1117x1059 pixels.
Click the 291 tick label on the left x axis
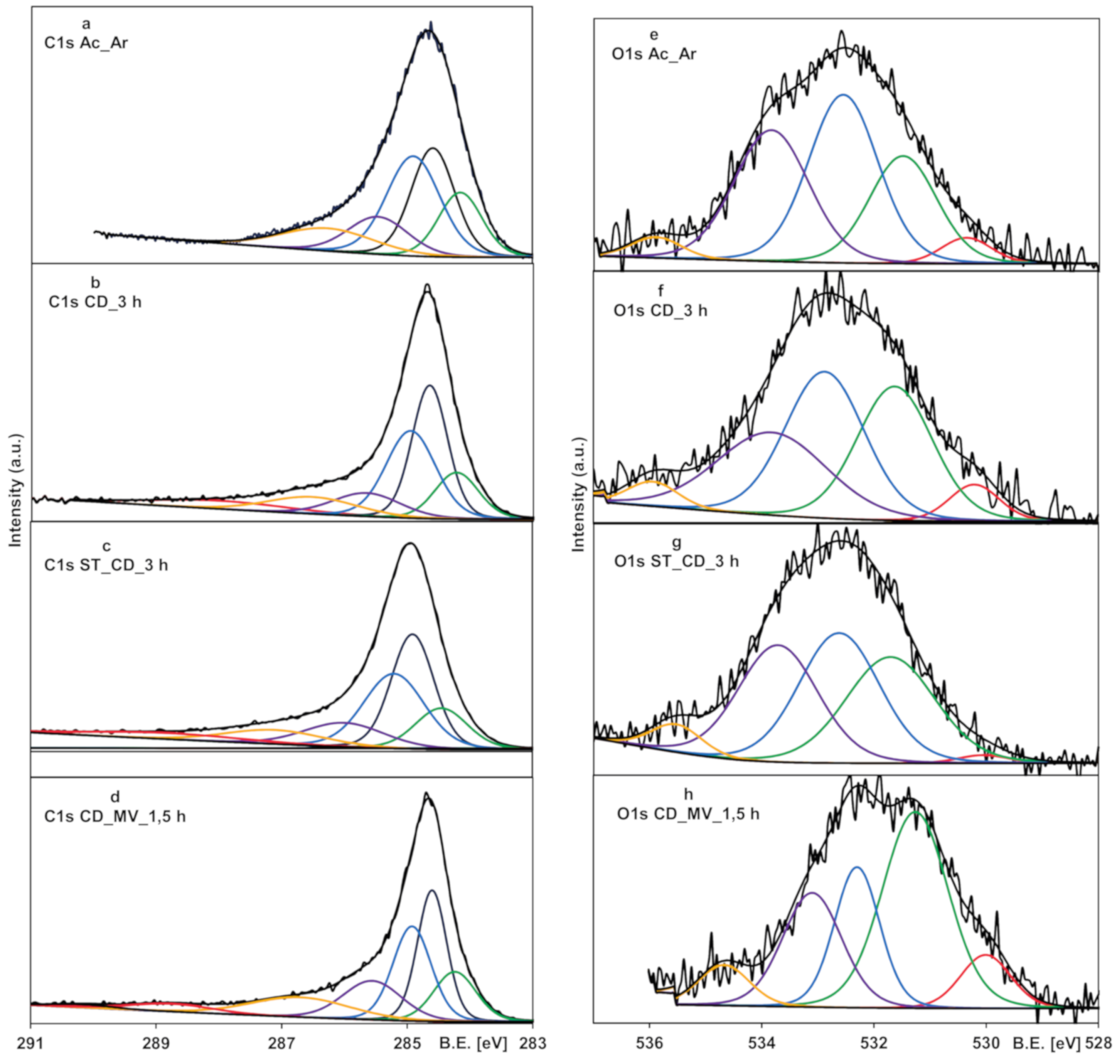coord(31,1043)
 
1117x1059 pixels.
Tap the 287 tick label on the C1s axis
coord(282,1043)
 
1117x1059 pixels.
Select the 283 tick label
coord(533,1043)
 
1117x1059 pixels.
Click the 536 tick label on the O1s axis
coord(649,1043)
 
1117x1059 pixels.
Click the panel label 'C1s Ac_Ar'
coord(86,43)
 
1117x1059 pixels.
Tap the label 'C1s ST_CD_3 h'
coord(106,565)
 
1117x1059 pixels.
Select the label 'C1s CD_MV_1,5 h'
coord(114,816)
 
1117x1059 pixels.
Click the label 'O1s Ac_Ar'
coord(654,54)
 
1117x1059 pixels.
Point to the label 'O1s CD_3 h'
coord(661,311)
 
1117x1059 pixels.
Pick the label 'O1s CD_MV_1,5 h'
coord(688,814)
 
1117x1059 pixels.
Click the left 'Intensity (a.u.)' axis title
coord(16,490)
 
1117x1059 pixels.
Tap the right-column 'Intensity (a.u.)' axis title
coord(577,494)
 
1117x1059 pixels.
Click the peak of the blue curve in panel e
coord(843,95)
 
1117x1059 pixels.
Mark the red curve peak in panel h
coord(985,955)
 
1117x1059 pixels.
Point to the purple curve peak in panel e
coord(771,130)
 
